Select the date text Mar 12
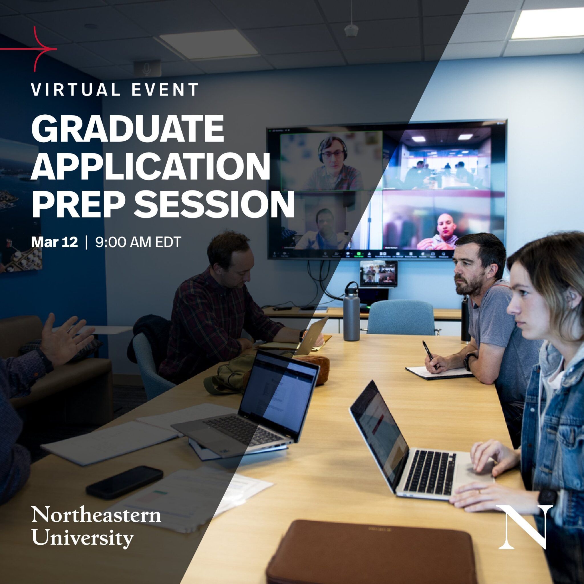point(54,242)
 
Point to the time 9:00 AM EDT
point(138,242)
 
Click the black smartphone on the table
point(124,482)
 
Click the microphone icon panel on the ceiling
point(147,68)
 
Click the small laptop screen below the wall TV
point(378,273)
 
